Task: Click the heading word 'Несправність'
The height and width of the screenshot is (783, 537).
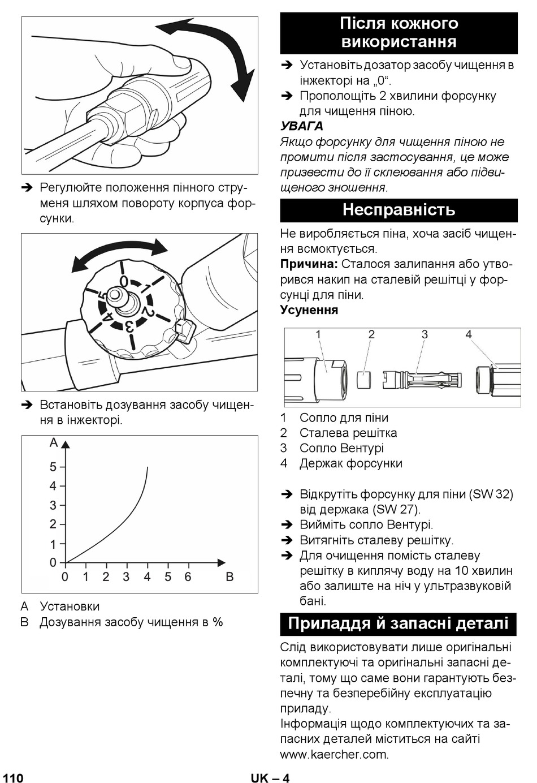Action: (x=399, y=210)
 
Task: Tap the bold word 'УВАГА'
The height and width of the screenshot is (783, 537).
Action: (x=302, y=126)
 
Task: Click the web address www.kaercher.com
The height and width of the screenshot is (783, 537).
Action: (x=335, y=754)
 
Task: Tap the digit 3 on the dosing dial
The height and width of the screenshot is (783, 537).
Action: (x=129, y=327)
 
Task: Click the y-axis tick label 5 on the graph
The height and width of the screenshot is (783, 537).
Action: (x=53, y=467)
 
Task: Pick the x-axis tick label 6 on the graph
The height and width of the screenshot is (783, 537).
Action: (x=188, y=577)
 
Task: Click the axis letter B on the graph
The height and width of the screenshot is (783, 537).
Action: (x=229, y=577)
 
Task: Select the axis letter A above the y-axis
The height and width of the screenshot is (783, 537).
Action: (x=54, y=442)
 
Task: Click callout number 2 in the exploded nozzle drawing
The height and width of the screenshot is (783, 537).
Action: (x=371, y=334)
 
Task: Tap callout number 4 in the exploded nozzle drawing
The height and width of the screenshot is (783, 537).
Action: (x=469, y=334)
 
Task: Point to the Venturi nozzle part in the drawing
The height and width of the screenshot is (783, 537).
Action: (x=422, y=379)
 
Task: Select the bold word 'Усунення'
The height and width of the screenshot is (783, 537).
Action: (x=309, y=310)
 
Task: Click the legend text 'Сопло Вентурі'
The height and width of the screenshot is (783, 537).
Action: (x=341, y=448)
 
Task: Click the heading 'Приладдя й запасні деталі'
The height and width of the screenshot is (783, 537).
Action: (x=399, y=623)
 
